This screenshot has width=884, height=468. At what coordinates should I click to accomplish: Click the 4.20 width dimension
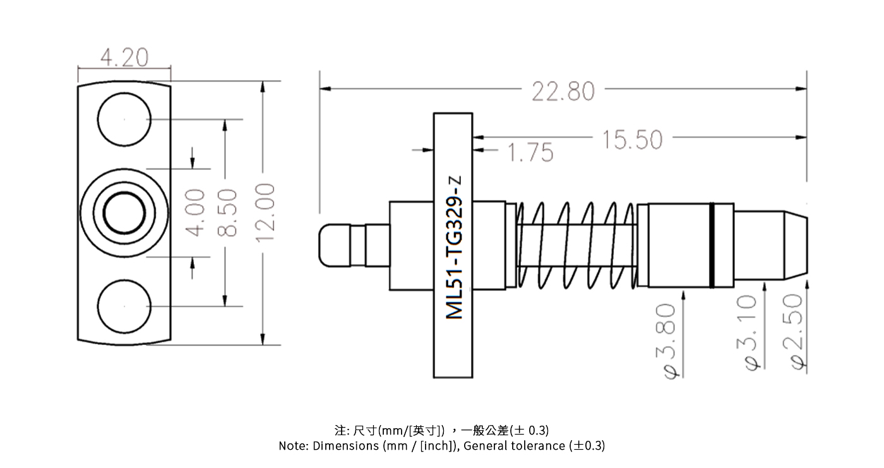[x=124, y=58]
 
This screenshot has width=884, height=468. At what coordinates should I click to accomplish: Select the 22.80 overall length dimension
[x=563, y=92]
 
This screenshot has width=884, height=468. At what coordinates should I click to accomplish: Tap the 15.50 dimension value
[x=631, y=140]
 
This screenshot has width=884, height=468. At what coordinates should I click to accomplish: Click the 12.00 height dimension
[x=266, y=212]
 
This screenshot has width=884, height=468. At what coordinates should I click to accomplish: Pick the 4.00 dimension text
[x=196, y=212]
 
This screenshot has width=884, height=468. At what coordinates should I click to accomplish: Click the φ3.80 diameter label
[x=670, y=340]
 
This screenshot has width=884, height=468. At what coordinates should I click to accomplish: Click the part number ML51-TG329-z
[x=455, y=246]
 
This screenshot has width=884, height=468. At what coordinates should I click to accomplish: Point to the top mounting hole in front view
[x=124, y=119]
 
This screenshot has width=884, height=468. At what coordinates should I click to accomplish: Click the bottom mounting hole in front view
[x=124, y=306]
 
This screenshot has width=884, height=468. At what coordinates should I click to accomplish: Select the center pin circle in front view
[x=124, y=212]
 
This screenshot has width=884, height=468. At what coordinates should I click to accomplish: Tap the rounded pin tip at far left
[x=335, y=244]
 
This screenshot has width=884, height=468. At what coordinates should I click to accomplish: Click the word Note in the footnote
[x=293, y=446]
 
